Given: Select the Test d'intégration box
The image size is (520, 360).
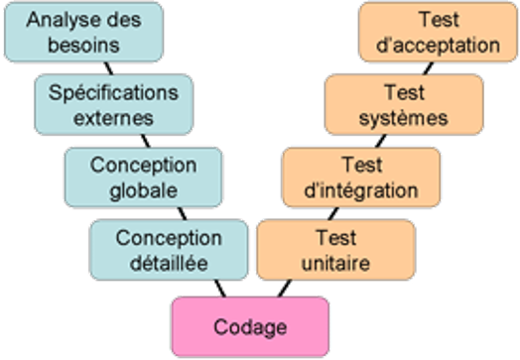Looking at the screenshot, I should coord(362,175).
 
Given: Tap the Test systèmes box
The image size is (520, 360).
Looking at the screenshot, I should coord(403,104).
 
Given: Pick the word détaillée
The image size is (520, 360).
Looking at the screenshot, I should coord(169,263).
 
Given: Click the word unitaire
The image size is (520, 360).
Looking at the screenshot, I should coord(335,263).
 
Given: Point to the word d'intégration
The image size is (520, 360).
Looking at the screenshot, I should coord(362,188).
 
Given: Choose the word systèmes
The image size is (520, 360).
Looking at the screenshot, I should coord(403,117).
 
